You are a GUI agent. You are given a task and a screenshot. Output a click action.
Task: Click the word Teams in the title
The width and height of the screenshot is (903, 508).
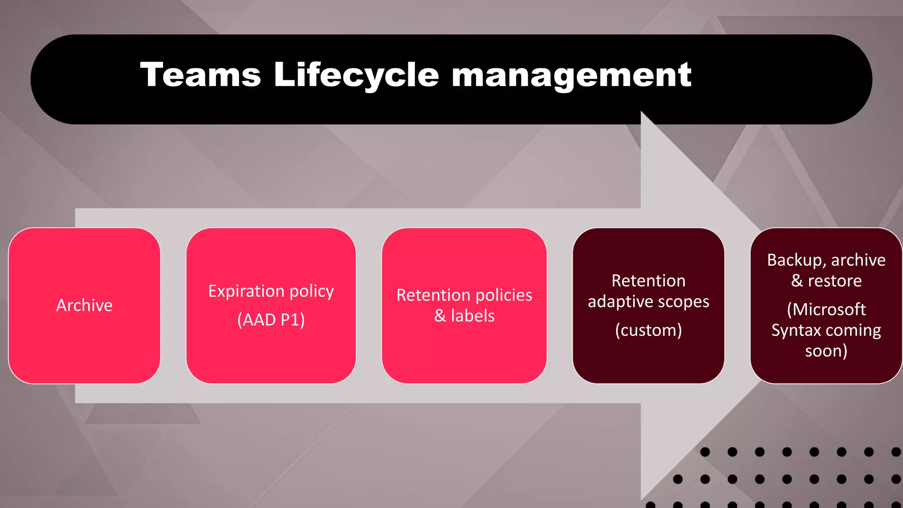point(201,75)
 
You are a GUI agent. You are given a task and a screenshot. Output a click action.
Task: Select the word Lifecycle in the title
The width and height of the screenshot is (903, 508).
point(356,75)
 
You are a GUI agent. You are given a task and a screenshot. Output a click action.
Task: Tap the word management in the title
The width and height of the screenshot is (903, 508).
point(571,75)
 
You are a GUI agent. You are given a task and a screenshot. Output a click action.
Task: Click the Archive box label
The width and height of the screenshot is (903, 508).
point(84,305)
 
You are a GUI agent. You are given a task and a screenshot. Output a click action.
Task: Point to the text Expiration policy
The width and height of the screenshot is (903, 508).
point(271,291)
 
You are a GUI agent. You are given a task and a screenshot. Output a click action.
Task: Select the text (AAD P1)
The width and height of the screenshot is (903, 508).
point(271,320)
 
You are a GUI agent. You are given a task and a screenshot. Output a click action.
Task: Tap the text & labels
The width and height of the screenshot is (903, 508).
point(464,316)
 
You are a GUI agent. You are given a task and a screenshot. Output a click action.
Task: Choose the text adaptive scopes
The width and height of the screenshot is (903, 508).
point(648,302)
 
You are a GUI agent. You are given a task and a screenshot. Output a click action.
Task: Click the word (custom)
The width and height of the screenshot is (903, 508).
point(648,330)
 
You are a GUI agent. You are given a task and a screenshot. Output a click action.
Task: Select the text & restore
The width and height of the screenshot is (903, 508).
point(826,281)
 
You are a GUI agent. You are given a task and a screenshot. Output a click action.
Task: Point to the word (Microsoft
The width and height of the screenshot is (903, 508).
point(826,310)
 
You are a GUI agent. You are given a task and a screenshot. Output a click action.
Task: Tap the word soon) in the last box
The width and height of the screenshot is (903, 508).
point(826,351)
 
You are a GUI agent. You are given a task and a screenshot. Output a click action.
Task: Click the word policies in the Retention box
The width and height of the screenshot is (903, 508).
point(501,295)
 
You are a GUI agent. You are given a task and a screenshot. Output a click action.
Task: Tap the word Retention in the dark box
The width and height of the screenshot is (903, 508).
point(648,281)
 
